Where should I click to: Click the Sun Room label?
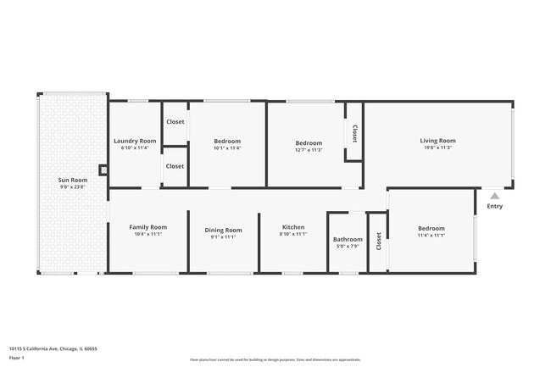click(73, 180)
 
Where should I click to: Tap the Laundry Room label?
click(135, 141)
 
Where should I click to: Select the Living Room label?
click(437, 141)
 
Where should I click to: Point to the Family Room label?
click(147, 226)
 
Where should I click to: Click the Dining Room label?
click(223, 230)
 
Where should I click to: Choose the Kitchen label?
click(293, 227)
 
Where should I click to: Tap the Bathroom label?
click(348, 239)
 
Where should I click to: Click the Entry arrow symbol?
click(494, 195)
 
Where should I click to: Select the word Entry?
click(494, 206)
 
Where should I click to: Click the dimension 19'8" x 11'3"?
click(437, 148)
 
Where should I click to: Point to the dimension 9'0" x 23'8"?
click(73, 186)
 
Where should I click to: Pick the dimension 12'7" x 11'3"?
click(309, 150)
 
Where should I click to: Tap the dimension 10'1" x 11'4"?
click(227, 148)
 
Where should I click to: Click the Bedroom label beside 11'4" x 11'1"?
click(431, 228)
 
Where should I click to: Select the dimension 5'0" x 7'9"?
click(348, 247)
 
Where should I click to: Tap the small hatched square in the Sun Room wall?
click(104, 170)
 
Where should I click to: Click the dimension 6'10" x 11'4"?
click(135, 148)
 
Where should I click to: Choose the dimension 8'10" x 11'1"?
click(293, 235)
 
